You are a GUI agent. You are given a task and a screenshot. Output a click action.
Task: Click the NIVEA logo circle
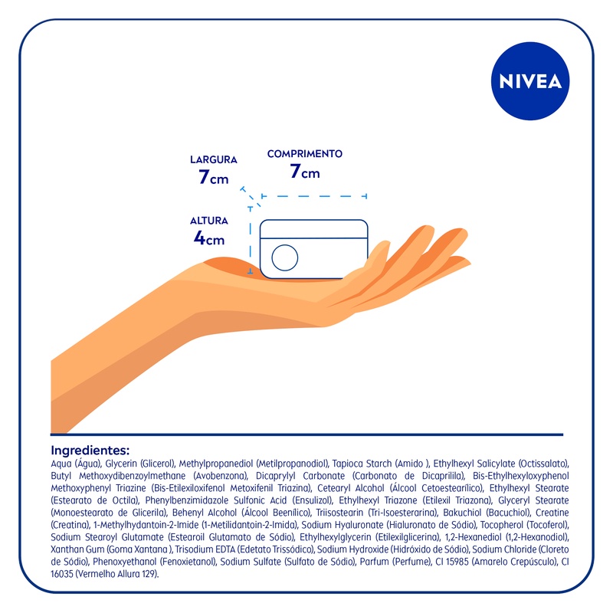(530, 81)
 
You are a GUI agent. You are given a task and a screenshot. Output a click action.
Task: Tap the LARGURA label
(214, 159)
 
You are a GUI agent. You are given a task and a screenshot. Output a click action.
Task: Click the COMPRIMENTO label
(304, 154)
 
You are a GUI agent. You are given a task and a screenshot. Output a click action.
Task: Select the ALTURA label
(208, 221)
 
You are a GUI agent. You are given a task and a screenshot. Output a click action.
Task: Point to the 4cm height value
(209, 238)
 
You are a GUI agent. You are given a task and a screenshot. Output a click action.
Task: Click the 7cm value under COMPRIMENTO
(305, 171)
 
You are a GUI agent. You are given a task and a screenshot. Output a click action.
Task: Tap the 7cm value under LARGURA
(214, 177)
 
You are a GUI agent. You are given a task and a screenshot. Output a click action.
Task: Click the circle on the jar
(284, 257)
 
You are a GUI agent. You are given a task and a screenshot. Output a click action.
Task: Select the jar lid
(313, 228)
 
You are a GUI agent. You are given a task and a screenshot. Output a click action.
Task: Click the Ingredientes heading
(90, 450)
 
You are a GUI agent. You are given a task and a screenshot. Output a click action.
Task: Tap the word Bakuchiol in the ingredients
(462, 512)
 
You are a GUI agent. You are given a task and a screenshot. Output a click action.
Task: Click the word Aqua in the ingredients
(61, 464)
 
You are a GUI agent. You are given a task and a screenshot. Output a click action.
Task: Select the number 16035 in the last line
(62, 574)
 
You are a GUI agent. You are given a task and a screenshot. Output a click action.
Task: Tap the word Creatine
(552, 512)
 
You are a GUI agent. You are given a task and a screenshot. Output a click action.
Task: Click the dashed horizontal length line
(314, 196)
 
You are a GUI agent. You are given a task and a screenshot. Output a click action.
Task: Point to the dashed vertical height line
(251, 240)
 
